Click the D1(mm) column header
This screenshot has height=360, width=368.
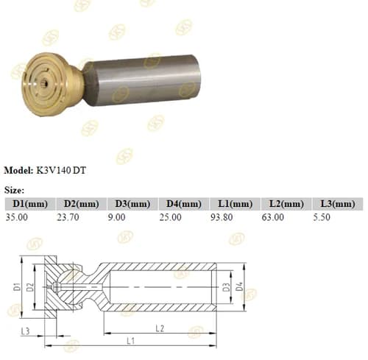tap(30, 204)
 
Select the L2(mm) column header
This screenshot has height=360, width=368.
tap(287, 204)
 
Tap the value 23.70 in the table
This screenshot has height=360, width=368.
tap(68, 217)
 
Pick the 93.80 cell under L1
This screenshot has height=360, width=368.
tap(222, 217)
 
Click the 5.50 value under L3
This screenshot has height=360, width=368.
tap(322, 217)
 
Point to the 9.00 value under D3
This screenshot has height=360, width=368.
tap(117, 217)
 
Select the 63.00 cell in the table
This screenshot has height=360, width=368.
tap(273, 217)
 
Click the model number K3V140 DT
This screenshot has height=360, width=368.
tap(61, 170)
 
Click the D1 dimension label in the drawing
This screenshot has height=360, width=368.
tap(17, 286)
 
